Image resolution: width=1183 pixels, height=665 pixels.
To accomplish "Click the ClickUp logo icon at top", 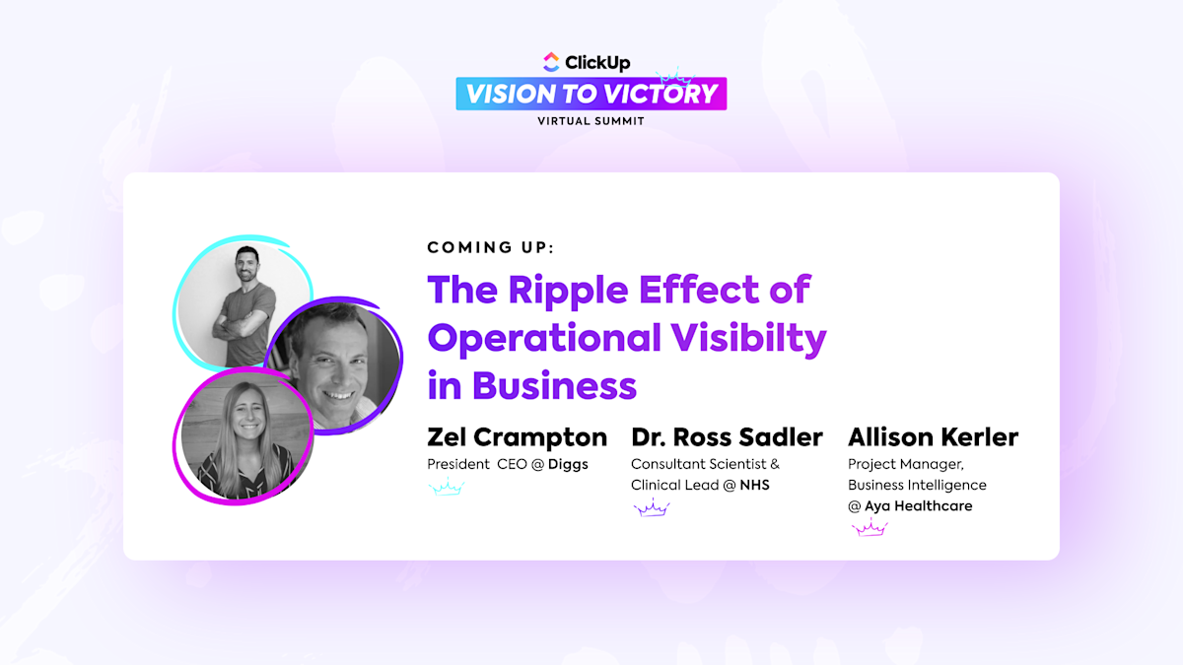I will point(551,62).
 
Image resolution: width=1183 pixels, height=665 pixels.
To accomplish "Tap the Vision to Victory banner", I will point(591,94).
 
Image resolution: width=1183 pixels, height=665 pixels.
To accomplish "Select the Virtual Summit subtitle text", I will point(591,121).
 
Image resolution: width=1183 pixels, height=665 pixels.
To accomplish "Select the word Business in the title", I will point(554,385).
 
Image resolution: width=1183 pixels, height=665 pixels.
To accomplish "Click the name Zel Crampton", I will point(517,437).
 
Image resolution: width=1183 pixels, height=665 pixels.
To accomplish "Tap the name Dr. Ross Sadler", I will point(727,437).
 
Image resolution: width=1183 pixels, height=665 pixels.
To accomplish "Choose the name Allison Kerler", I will point(933,437).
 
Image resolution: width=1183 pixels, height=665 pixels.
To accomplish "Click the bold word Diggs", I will point(568,464).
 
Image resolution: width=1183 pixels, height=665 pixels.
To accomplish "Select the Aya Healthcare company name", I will point(918,505).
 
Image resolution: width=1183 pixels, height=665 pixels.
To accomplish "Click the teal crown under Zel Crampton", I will point(446,487).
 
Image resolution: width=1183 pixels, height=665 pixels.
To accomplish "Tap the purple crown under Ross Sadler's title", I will point(651,507).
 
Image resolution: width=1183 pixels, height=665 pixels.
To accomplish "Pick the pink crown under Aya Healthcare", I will point(870,528).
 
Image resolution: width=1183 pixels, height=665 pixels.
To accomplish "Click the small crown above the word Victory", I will point(674,76).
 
